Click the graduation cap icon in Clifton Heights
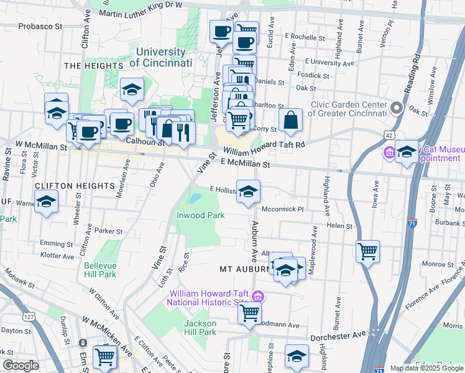[47, 201]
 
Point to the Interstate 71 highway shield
[413, 222]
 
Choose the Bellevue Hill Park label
[100, 270]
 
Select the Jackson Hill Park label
[200, 328]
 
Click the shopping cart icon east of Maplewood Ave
[368, 252]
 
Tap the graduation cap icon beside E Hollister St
[248, 191]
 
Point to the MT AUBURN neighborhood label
[246, 270]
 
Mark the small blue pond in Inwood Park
[195, 199]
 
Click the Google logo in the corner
[21, 366]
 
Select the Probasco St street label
[40, 27]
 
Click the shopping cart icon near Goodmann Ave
[249, 313]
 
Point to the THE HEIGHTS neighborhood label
[93, 65]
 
